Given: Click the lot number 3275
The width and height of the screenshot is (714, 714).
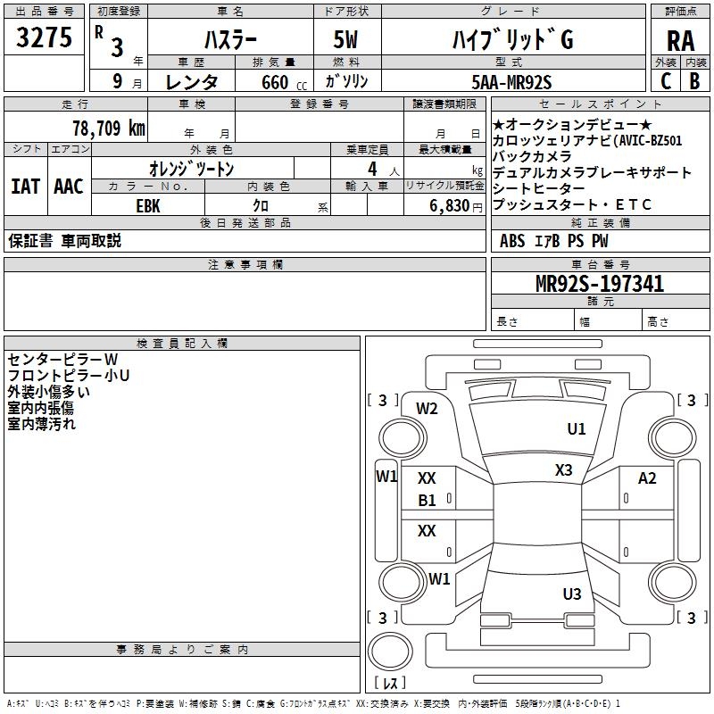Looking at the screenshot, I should (x=45, y=39).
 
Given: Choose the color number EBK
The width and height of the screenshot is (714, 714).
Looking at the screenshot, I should (x=148, y=203).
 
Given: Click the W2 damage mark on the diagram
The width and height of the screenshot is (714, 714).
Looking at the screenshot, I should (x=427, y=409).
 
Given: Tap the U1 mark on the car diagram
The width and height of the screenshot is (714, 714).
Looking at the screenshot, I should (x=577, y=429).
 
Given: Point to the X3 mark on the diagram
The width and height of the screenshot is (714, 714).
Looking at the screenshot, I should (x=563, y=470).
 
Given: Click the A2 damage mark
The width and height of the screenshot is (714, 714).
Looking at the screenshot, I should (x=647, y=479).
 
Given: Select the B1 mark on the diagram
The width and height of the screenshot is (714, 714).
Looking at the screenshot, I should (x=428, y=501).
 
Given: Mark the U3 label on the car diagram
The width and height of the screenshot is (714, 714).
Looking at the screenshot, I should (x=572, y=594).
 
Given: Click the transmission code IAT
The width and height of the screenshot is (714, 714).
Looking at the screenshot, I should (x=25, y=187).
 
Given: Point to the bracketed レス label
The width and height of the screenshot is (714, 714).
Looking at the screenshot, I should (x=390, y=684).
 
